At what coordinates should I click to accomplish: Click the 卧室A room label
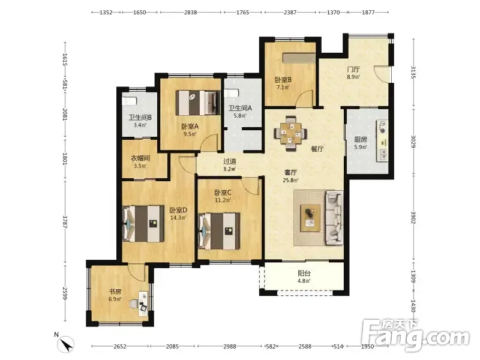pos(190,126)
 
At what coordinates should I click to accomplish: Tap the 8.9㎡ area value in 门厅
pos(353,77)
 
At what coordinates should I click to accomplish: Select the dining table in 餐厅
pos(290,133)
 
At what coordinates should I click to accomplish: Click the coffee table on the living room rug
pos(310,218)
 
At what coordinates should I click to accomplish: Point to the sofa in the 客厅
pos(334,218)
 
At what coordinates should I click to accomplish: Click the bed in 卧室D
pos(143,224)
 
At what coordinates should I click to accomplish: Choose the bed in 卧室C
pos(219,231)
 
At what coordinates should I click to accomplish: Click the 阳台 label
pos(304,273)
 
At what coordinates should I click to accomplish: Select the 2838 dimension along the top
pos(190,12)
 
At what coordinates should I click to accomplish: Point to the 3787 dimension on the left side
pos(65,221)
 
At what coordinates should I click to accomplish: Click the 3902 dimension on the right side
pos(413,217)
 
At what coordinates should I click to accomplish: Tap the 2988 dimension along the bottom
pos(230,346)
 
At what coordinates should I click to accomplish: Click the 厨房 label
pos(361,139)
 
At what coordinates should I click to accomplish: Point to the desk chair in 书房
pos(133,304)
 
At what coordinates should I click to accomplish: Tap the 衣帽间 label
pos(140,158)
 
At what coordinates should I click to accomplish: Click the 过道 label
pos(230,161)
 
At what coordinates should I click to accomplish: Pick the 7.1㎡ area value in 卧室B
pos(283,87)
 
